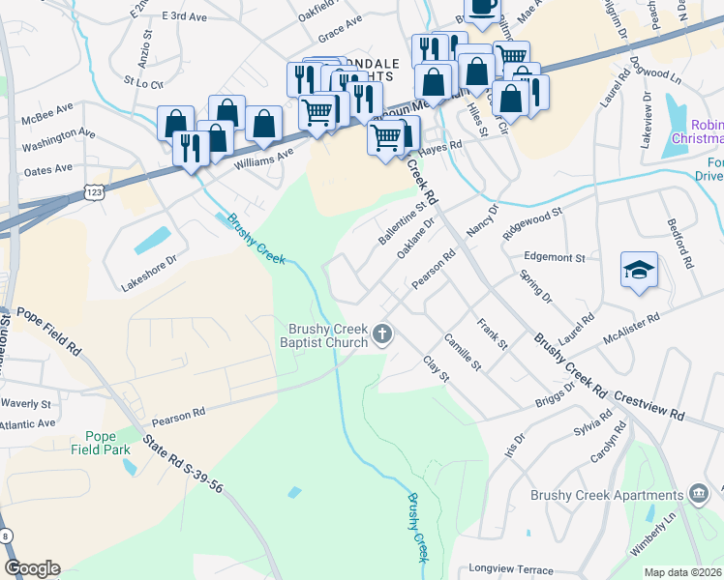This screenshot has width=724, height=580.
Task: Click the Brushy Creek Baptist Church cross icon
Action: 383,334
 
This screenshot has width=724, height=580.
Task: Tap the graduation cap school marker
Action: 639,270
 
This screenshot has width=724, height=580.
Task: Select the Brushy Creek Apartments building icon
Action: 696,495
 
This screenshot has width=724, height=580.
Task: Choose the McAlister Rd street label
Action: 630,328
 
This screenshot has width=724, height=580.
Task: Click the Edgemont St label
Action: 554,258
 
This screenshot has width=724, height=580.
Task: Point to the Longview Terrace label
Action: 510,569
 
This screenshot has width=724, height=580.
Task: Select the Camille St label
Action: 462,351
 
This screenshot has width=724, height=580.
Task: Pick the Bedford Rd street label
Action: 686,249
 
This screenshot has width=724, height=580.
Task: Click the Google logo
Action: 32,568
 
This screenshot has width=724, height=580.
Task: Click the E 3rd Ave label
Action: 186,17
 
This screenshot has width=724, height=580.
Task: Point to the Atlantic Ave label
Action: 28,423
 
